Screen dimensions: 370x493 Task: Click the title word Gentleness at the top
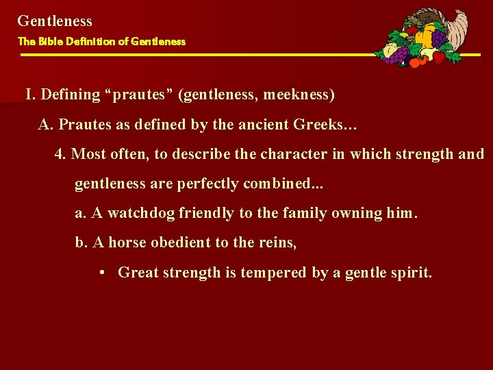(55, 21)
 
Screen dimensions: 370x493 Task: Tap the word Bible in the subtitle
(49, 41)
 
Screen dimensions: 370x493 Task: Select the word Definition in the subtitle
(89, 41)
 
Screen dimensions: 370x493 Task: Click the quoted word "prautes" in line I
(144, 95)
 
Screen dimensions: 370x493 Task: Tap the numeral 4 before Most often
(59, 154)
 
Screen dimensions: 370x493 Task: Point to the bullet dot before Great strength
(101, 273)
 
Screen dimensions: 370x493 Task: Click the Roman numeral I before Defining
(29, 95)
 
